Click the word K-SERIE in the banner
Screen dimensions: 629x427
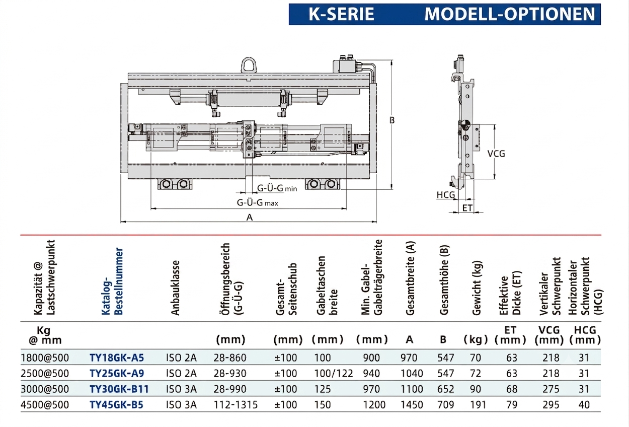[342, 14]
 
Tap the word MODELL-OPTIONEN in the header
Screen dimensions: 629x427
[510, 14]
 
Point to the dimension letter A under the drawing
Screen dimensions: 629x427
[250, 217]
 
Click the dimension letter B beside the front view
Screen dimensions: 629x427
[392, 120]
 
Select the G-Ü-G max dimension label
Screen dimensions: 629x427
[258, 202]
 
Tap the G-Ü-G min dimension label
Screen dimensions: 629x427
[277, 188]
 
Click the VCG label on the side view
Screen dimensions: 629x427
[496, 154]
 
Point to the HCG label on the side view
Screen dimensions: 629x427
[446, 195]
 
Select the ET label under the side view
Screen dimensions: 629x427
[467, 208]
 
